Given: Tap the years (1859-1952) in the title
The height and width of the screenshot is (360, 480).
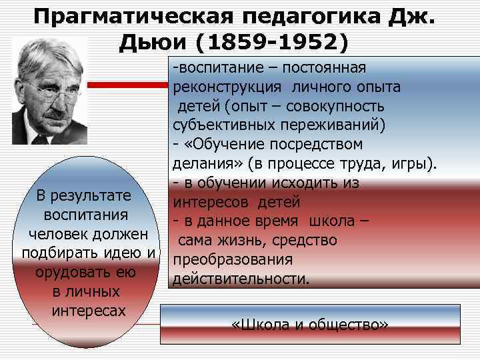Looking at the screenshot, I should tap(272, 43).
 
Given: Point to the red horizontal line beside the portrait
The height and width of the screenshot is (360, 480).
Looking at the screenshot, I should tap(129, 85).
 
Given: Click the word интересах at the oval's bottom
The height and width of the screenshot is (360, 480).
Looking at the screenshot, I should tap(88, 311).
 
